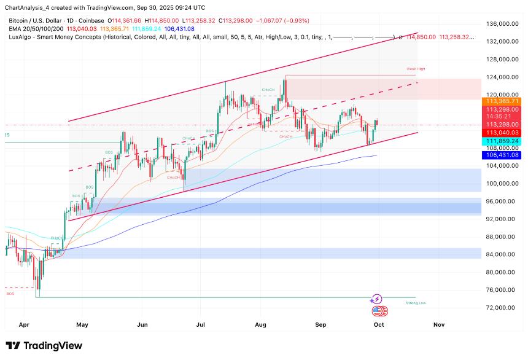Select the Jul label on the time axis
200,323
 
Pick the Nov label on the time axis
438,323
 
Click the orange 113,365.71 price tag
502,101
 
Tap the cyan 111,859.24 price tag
502,141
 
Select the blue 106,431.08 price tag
502,156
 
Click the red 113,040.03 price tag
502,132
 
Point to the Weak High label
416,69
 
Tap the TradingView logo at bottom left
44,345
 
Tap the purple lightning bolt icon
376,299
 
